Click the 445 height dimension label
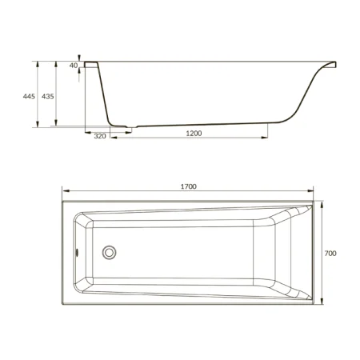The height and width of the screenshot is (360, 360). click(x=29, y=96)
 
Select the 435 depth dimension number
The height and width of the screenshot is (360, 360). click(x=48, y=96)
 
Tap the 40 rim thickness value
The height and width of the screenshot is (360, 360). click(x=74, y=66)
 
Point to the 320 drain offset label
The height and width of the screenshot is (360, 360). click(x=100, y=136)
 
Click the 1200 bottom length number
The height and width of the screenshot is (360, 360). click(x=194, y=134)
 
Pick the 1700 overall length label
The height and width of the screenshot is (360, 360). click(x=189, y=186)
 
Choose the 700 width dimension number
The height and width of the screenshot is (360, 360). click(x=330, y=253)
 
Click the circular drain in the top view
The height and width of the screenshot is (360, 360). click(x=109, y=252)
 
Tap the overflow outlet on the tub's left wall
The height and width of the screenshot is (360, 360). click(x=77, y=252)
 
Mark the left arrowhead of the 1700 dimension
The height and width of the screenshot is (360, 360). click(x=66, y=190)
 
